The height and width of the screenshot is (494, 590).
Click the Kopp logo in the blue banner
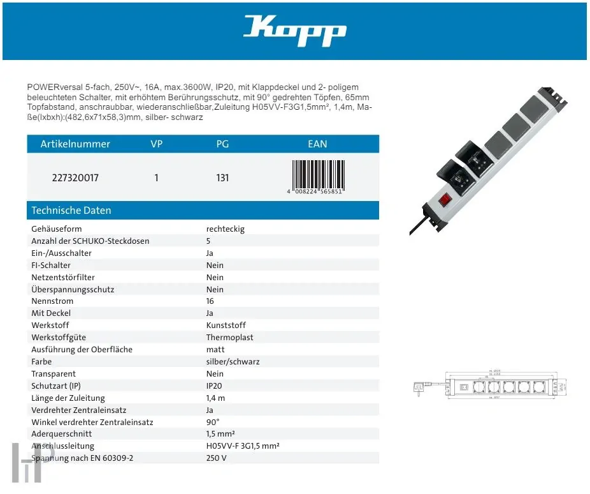pyautogui.click(x=294, y=31)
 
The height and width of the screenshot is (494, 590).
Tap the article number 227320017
pyautogui.click(x=75, y=178)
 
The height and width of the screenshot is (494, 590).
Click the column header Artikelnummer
pyautogui.click(x=75, y=144)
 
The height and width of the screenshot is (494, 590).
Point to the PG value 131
pyautogui.click(x=222, y=178)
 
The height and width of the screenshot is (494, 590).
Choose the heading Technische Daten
pyautogui.click(x=71, y=211)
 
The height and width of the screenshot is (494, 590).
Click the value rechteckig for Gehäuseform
pyautogui.click(x=225, y=229)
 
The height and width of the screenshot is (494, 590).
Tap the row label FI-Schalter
pyautogui.click(x=51, y=266)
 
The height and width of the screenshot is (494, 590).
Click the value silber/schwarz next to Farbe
pyautogui.click(x=233, y=362)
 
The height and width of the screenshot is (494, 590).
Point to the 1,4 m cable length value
pyautogui.click(x=216, y=398)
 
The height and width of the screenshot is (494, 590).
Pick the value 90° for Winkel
pyautogui.click(x=213, y=423)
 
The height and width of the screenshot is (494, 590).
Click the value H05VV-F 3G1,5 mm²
pyautogui.click(x=243, y=447)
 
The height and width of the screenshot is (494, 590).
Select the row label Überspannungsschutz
pyautogui.click(x=73, y=290)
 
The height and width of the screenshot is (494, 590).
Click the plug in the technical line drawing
pyautogui.click(x=420, y=385)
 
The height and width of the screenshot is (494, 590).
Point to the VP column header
pyautogui.click(x=156, y=144)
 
